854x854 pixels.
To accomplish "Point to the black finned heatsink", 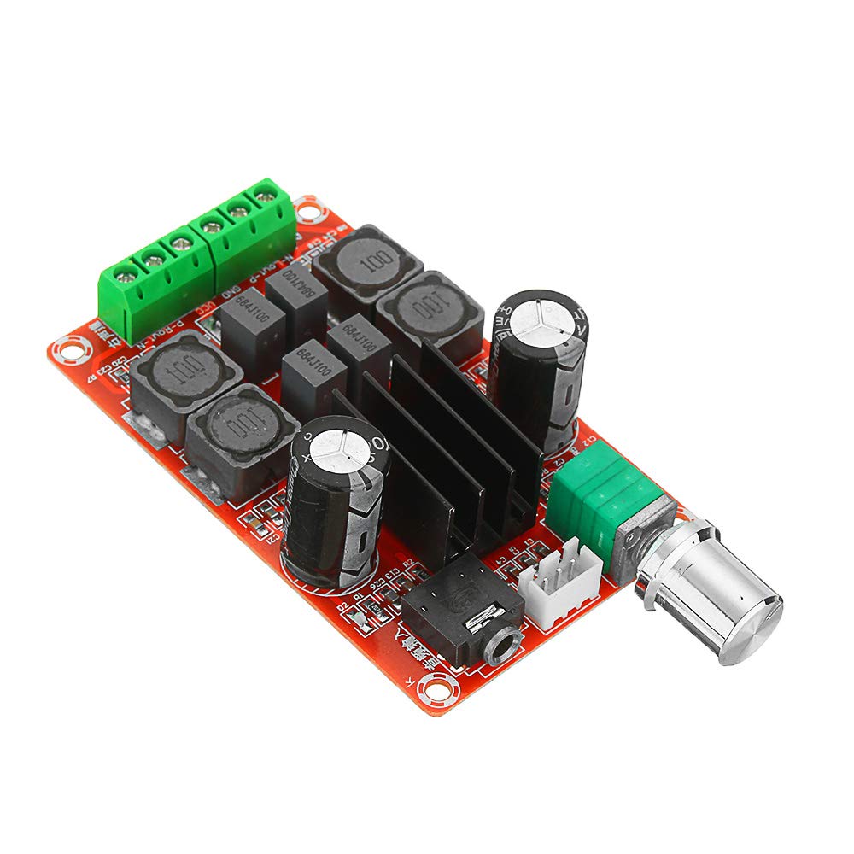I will click(x=444, y=444).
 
